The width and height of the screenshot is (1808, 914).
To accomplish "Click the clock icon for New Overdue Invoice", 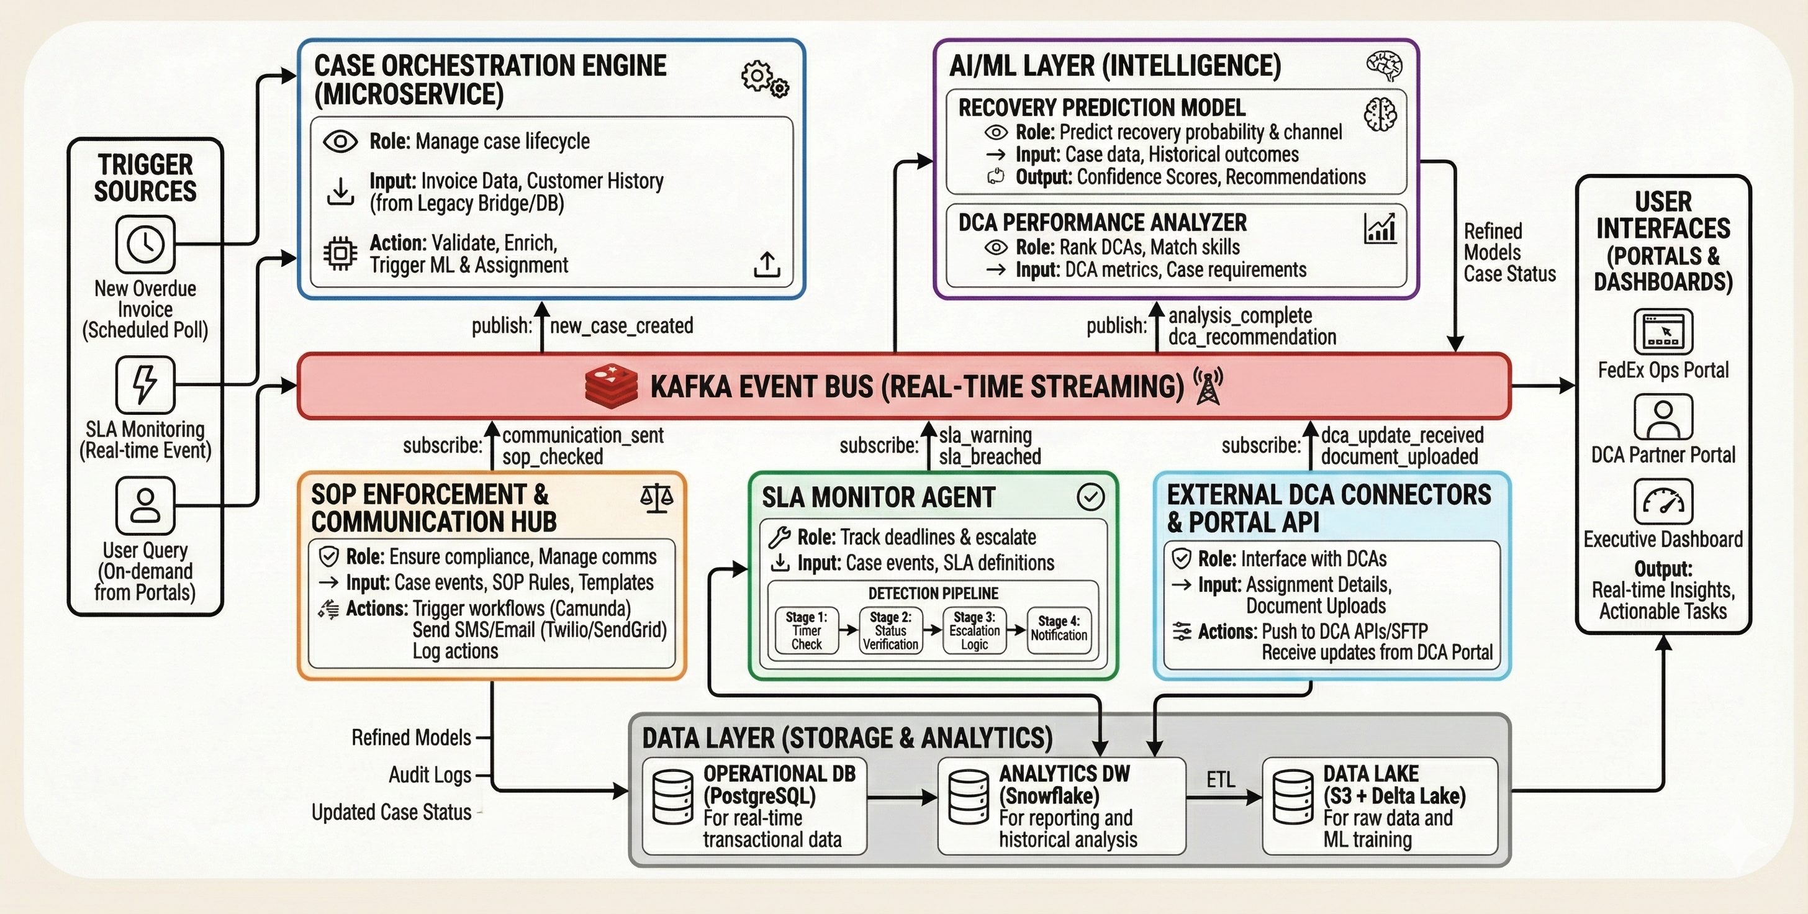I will (145, 244).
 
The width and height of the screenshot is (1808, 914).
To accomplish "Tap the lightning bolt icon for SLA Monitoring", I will (145, 385).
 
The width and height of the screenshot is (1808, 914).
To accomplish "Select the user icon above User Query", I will (145, 505).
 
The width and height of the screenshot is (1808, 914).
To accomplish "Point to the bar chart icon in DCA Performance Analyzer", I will (1380, 228).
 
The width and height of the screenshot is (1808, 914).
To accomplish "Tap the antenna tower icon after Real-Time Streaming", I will (1208, 386).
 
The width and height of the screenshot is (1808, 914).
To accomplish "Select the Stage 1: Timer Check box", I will (807, 630).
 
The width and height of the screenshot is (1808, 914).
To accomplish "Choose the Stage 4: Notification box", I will (1059, 630).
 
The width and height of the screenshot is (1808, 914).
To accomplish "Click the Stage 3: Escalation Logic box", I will (974, 630).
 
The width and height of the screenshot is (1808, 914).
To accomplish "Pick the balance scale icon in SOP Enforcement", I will (657, 498).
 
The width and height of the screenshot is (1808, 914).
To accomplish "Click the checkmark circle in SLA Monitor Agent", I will (1091, 497).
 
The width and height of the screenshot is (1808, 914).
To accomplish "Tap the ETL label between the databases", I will (1221, 780).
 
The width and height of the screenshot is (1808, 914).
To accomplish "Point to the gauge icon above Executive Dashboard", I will (1663, 502).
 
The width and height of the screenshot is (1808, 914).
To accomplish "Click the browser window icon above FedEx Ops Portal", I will (1663, 332).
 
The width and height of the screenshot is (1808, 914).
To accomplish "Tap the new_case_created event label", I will (621, 326).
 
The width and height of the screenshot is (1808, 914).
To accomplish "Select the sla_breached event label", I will (990, 457).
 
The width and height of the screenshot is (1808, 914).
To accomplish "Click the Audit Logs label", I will (430, 775).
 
